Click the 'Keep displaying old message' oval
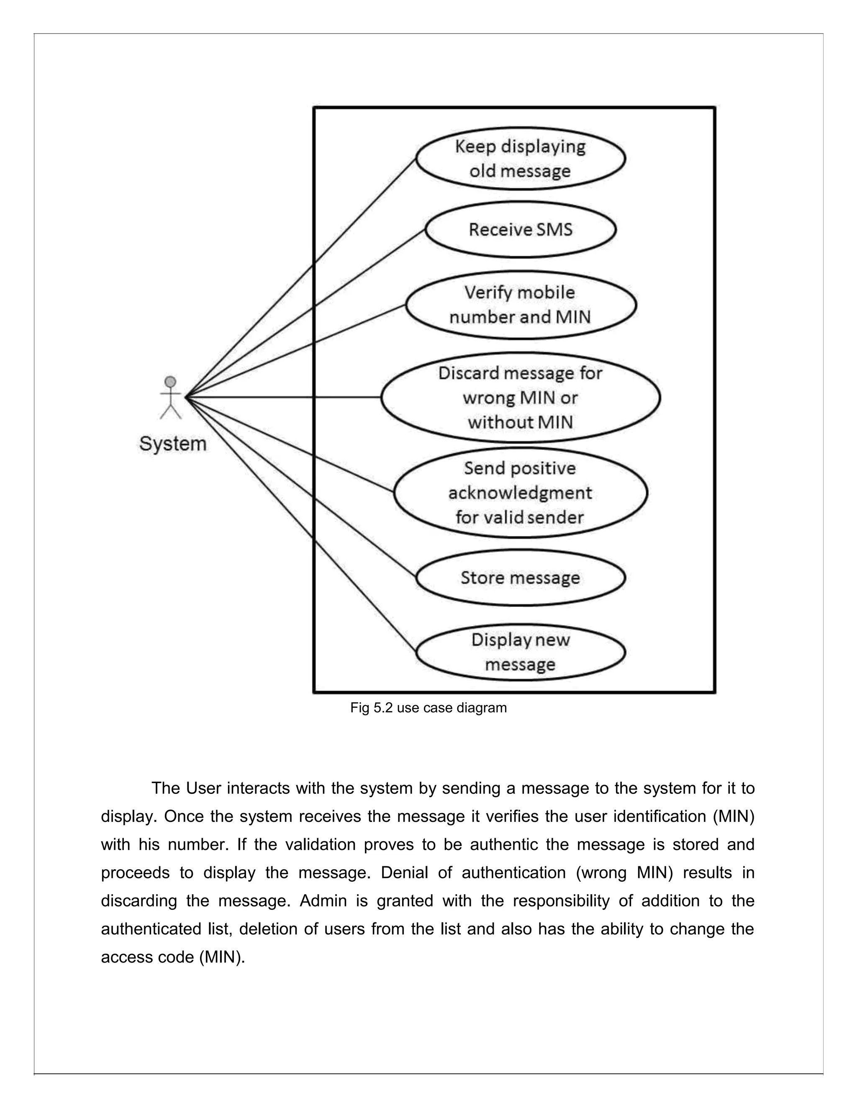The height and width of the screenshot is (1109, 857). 521,159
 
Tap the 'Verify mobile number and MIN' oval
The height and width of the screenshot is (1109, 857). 521,305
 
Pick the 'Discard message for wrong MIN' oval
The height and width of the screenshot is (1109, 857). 521,398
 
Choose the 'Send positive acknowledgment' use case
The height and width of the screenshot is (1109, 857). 521,493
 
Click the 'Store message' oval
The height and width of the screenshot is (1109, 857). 521,578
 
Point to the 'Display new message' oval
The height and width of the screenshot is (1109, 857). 521,652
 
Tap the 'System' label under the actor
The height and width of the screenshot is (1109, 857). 173,444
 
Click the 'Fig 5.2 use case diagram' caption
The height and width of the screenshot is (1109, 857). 428,708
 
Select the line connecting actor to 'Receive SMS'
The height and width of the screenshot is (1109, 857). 305,313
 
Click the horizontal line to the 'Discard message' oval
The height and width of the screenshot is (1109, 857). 284,397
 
